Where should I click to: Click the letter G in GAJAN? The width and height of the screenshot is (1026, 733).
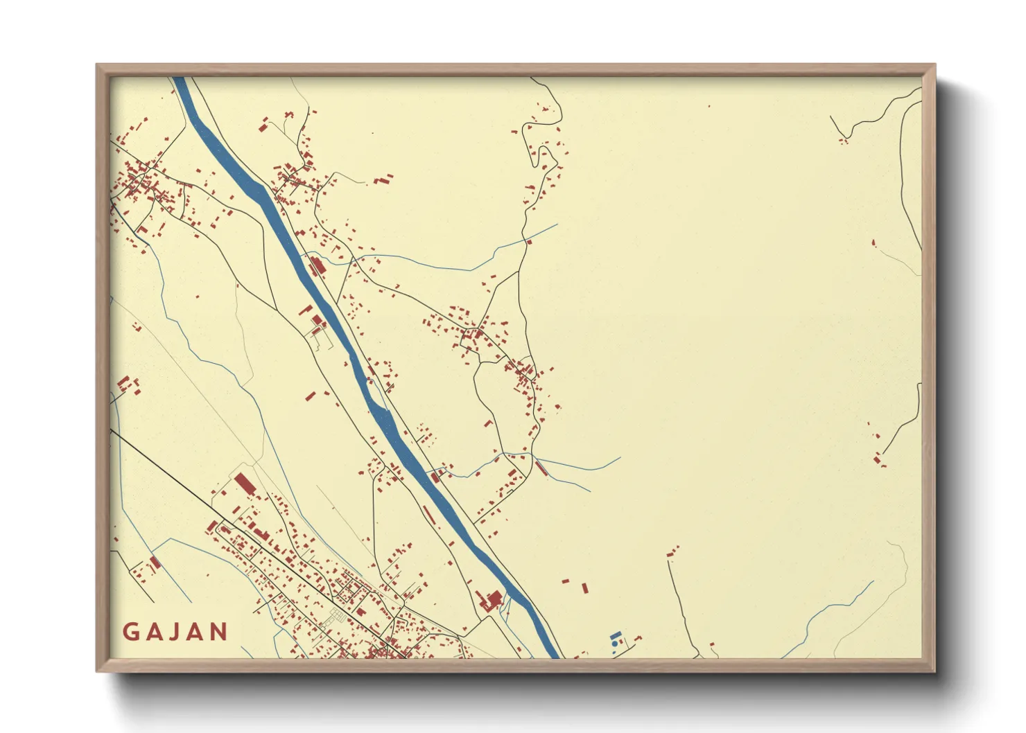coord(130,632)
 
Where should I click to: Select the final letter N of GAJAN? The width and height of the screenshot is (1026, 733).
coord(219,632)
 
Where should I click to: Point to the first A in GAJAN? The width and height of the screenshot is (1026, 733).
coord(153,632)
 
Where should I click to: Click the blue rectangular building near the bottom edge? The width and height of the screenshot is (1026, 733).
coord(615,635)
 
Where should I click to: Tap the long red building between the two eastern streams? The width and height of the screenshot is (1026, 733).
coord(541,468)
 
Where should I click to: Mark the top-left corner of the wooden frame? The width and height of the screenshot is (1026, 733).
coord(96,64)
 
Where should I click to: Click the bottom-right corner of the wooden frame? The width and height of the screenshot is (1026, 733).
coord(934,671)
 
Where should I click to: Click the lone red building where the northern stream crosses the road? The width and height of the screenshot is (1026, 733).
coord(529,242)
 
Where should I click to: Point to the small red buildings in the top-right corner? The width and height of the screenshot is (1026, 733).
coord(843,141)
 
